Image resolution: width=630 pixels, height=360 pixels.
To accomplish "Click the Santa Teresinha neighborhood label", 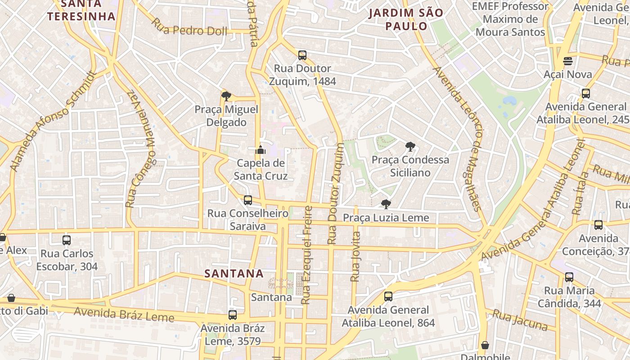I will point(81,10).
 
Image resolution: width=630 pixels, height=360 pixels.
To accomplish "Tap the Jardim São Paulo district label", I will point(406,19).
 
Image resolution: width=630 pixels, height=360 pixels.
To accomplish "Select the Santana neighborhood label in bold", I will point(234,273).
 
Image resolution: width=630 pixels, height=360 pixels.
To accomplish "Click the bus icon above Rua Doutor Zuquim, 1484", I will point(302,55).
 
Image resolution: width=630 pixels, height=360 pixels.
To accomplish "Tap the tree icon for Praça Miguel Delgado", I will point(226,96).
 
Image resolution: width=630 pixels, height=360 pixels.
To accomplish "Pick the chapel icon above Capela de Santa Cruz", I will point(261,150).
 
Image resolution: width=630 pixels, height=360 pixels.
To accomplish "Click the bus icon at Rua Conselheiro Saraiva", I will point(247,200).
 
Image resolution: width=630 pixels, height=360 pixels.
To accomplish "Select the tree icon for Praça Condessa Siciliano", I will point(409,146).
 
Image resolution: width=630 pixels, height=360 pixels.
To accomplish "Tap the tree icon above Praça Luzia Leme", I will point(386,204).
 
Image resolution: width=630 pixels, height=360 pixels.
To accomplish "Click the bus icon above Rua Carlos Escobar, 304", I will point(67,240).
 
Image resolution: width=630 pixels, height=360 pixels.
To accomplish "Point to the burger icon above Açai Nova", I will point(567,61).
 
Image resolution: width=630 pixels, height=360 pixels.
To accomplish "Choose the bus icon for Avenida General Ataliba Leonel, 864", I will point(388,297).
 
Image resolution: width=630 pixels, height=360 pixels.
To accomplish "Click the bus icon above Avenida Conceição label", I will point(598,225).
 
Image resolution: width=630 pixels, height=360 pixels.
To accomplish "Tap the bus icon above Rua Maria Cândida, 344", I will point(569,277).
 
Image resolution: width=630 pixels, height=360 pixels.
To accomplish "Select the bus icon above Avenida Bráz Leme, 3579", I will point(232,315).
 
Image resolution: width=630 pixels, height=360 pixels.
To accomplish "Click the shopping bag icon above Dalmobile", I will point(485,345).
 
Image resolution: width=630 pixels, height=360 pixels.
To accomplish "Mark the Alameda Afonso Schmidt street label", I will point(53,121).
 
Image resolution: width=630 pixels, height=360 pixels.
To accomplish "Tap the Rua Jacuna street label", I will point(520,320).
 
